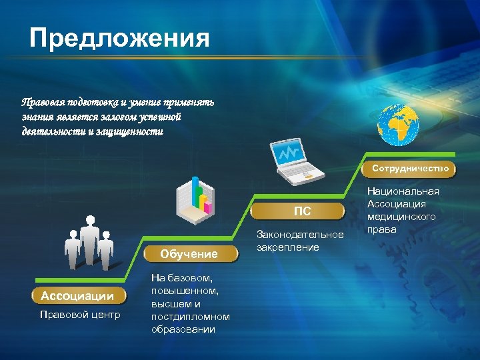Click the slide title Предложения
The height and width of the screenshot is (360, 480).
pos(120,38)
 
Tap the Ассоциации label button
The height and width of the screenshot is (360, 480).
pos(73,295)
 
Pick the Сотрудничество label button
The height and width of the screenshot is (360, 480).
pos(410,169)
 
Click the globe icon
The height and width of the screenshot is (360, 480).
pos(397,126)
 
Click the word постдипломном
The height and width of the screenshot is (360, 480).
pos(190,317)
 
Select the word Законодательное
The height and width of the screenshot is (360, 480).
pos(301,235)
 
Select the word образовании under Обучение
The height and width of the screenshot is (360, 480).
pos(183,329)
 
